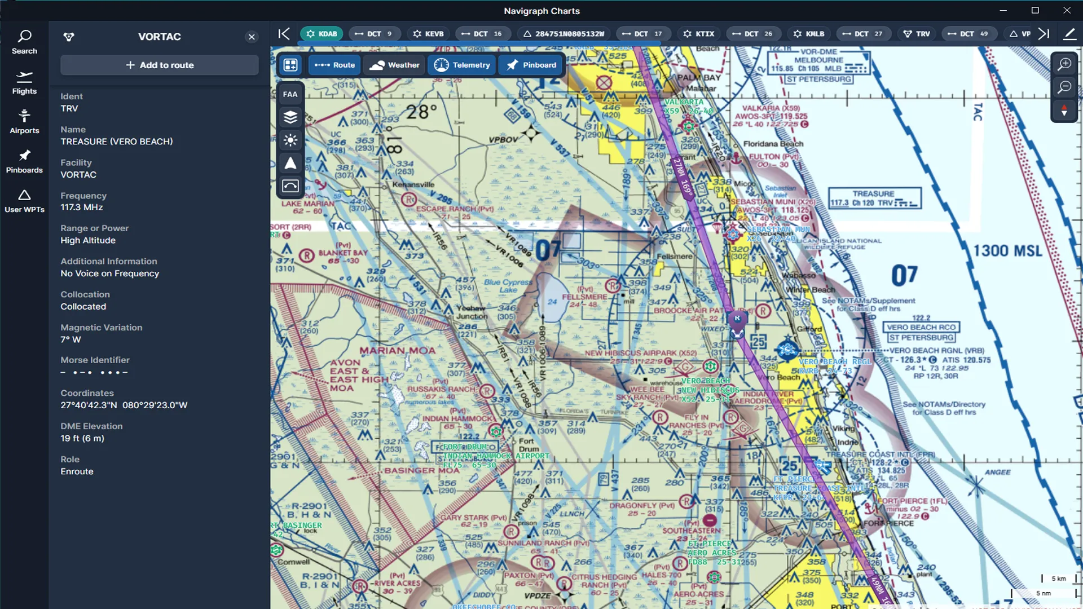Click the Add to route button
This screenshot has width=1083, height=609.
pyautogui.click(x=160, y=65)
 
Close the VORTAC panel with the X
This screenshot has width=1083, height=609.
pyautogui.click(x=252, y=37)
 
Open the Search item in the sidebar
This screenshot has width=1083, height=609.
pyautogui.click(x=24, y=42)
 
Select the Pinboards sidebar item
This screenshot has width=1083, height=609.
pyautogui.click(x=24, y=161)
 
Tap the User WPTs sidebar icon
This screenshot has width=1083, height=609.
pyautogui.click(x=24, y=201)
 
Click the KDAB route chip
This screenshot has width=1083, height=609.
pyautogui.click(x=322, y=34)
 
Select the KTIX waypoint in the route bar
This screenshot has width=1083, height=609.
pyautogui.click(x=699, y=34)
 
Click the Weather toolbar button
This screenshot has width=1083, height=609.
pyautogui.click(x=395, y=65)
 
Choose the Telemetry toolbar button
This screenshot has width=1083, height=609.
pyautogui.click(x=462, y=65)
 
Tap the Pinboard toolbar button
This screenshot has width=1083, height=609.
pyautogui.click(x=531, y=65)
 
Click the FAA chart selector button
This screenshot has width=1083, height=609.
pyautogui.click(x=290, y=94)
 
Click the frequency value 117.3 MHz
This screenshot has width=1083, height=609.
pyautogui.click(x=82, y=207)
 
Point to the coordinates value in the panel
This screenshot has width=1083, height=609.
pyautogui.click(x=124, y=405)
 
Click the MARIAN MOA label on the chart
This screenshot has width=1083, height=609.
pyautogui.click(x=398, y=350)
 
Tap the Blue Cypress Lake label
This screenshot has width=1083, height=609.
pyautogui.click(x=508, y=286)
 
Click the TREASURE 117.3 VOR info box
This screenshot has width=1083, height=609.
pyautogui.click(x=874, y=198)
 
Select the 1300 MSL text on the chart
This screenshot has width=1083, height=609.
pyautogui.click(x=1007, y=250)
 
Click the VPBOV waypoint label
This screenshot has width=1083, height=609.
pyautogui.click(x=503, y=139)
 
